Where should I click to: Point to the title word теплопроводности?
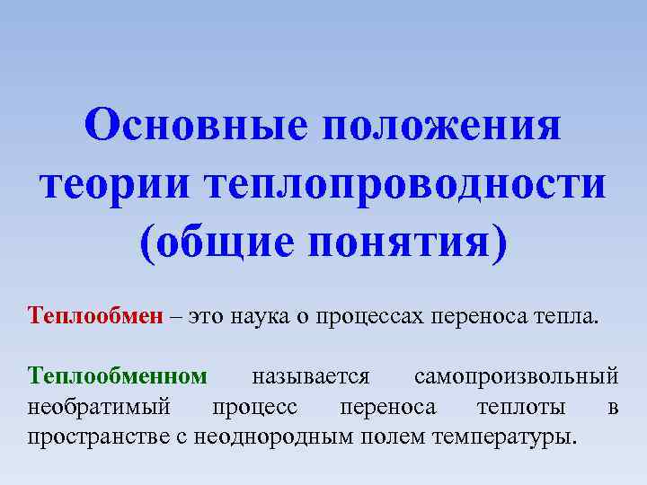tap(404, 184)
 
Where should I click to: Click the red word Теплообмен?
tap(96, 315)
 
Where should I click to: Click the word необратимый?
tap(99, 407)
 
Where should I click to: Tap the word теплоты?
tap(521, 407)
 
